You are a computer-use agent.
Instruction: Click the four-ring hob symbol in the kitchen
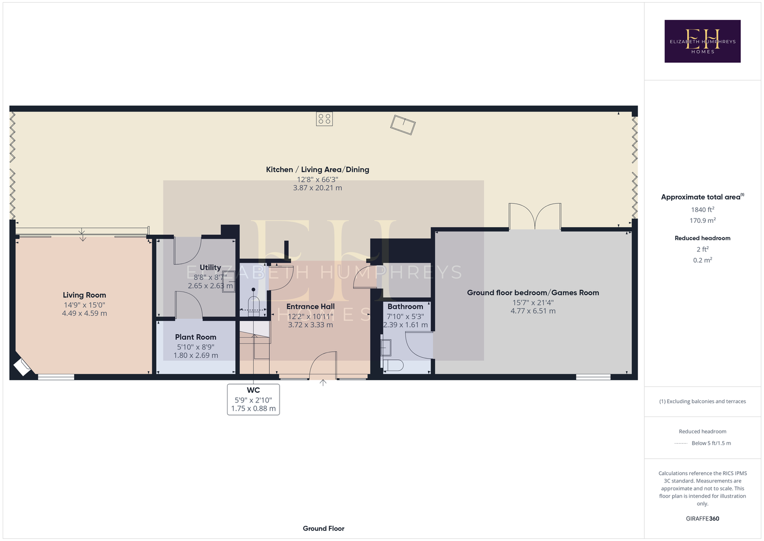tap(324, 119)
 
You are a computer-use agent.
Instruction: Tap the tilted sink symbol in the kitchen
tap(403, 124)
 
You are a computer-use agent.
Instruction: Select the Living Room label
tap(84, 295)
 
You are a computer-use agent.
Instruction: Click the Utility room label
tap(210, 267)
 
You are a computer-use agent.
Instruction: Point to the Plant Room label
tap(195, 337)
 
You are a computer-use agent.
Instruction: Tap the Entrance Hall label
tap(310, 307)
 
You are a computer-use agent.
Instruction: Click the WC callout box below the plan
tap(254, 399)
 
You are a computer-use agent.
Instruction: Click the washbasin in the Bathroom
tap(386, 347)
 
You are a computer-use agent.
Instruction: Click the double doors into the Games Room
tap(535, 216)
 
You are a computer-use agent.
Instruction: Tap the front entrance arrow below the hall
tap(323, 382)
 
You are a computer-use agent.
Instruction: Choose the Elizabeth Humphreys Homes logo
tap(702, 41)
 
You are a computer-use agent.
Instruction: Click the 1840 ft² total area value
tap(702, 209)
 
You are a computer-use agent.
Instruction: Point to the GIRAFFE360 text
tap(702, 518)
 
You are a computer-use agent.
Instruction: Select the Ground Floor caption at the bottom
tap(324, 529)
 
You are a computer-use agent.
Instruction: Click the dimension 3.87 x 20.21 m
tap(317, 188)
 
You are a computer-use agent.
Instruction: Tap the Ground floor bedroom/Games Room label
tap(533, 293)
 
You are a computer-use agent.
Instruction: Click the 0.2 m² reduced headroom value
tap(702, 260)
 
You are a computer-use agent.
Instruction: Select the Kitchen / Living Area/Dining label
tap(317, 170)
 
